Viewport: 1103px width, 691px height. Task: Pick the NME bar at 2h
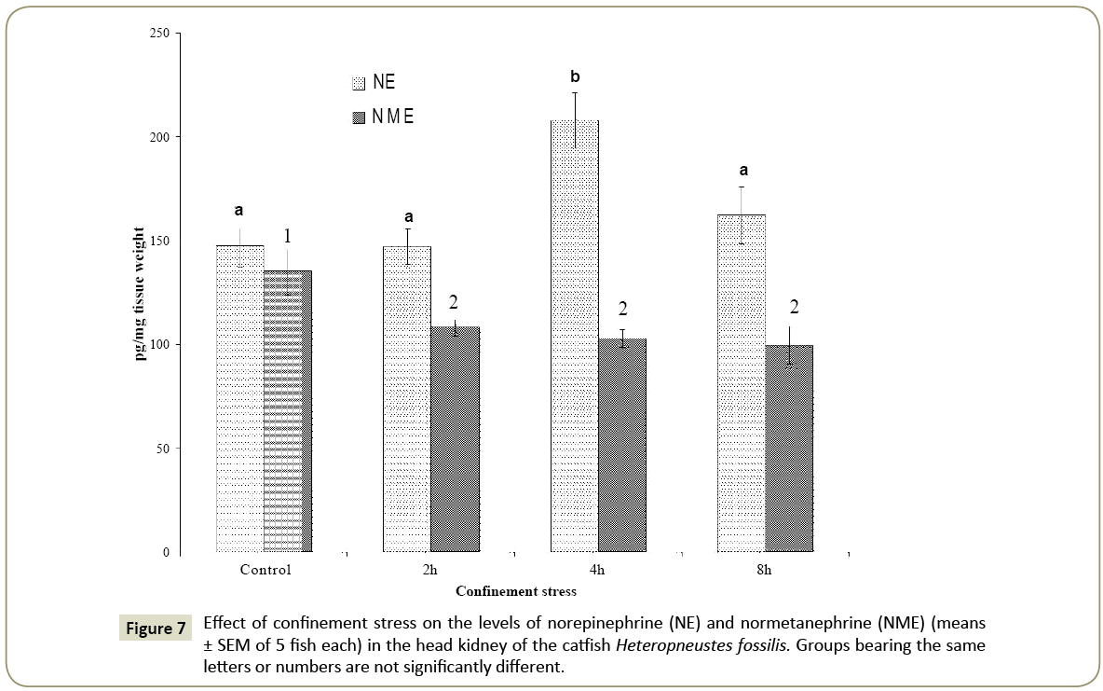[455, 439]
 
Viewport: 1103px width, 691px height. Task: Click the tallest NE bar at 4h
[575, 336]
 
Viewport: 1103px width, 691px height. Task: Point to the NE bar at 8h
[742, 383]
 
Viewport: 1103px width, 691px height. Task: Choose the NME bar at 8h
[789, 449]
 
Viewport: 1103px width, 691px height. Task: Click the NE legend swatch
[359, 83]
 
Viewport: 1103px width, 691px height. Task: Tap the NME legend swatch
[359, 118]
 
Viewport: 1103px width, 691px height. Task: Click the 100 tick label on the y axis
[160, 345]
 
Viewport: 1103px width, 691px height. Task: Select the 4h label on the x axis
[597, 570]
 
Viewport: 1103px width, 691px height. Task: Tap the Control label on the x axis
[266, 570]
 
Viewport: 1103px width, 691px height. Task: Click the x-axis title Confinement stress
[515, 591]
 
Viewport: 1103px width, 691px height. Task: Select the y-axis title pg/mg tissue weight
[140, 294]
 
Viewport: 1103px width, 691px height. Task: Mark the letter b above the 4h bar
[575, 76]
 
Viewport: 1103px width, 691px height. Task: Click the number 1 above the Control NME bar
[288, 237]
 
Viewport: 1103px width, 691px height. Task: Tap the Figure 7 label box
[156, 628]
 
